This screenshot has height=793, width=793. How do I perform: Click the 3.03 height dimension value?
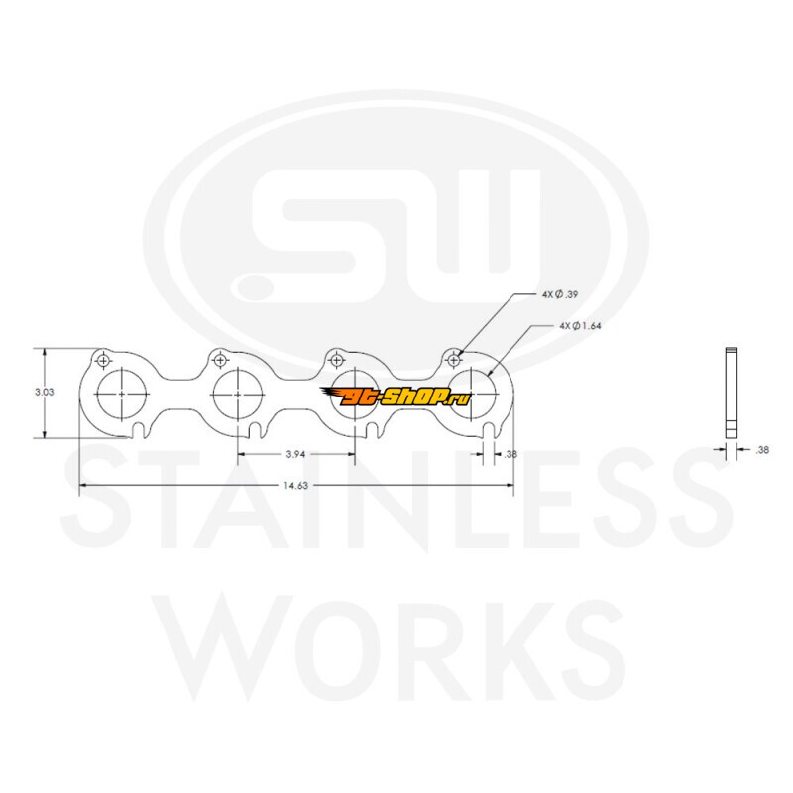click(44, 392)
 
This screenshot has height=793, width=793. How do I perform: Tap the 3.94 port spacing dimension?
click(295, 454)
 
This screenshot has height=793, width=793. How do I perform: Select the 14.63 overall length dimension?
click(295, 486)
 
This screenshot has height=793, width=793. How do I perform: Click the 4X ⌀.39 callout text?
click(560, 294)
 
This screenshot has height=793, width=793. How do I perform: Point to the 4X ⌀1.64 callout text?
click(580, 326)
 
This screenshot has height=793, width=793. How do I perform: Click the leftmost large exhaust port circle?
click(121, 369)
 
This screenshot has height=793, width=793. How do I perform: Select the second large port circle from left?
click(238, 369)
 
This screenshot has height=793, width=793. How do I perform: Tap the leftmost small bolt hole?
click(104, 361)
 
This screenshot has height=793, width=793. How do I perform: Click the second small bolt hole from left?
click(220, 361)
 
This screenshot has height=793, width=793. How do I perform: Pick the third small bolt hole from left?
click(337, 361)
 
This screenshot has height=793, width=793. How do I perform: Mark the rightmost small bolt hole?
click(454, 361)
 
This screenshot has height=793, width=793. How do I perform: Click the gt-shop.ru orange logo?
click(396, 396)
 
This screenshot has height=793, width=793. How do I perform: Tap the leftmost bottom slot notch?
click(139, 432)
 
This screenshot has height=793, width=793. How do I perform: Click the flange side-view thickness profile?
click(732, 393)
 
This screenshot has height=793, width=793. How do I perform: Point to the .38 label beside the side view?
click(762, 450)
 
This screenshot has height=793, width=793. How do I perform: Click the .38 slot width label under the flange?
click(510, 454)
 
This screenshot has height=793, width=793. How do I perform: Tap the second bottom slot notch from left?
click(256, 432)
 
